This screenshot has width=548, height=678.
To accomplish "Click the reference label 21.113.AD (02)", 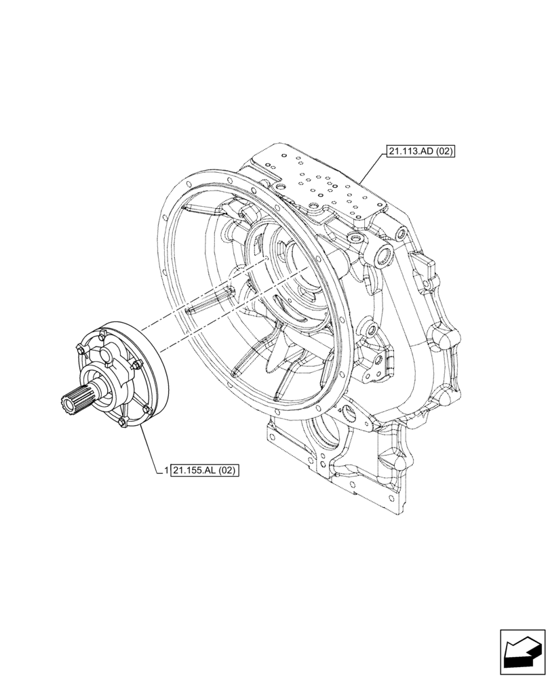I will (420, 151).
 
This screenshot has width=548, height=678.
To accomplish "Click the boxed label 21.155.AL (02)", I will (206, 469).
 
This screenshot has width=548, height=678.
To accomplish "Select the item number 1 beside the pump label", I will (166, 469).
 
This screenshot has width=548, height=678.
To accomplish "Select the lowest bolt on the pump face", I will (121, 424).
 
